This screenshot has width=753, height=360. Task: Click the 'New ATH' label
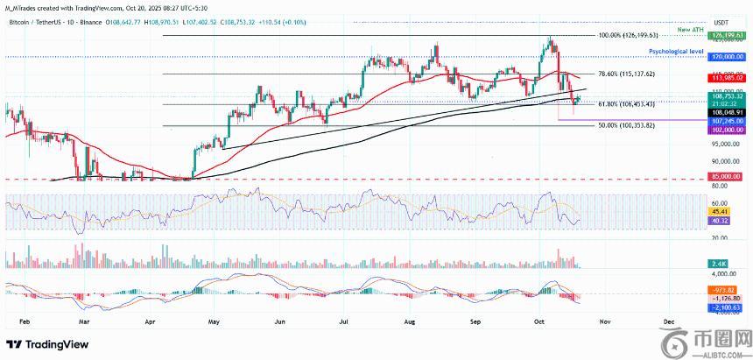click(690, 30)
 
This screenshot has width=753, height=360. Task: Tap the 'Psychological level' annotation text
click(672, 52)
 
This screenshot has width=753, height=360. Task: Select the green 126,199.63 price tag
click(728, 36)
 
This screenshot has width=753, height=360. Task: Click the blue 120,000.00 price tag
click(727, 56)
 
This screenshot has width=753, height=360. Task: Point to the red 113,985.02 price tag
click(728, 78)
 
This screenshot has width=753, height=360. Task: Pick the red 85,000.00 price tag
click(727, 179)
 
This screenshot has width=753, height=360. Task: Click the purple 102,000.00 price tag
click(727, 128)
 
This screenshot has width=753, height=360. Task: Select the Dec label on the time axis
click(668, 321)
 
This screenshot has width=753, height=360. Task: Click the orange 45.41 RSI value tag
click(723, 210)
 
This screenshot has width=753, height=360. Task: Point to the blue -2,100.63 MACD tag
click(727, 307)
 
